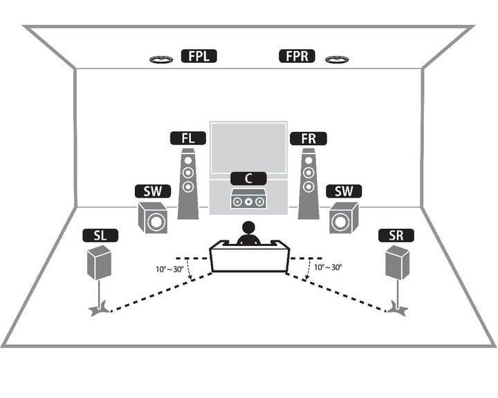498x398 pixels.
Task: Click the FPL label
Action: pyautogui.click(x=199, y=56)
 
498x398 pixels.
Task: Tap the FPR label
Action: pyautogui.click(x=297, y=56)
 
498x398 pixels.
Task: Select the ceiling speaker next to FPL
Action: pyautogui.click(x=161, y=59)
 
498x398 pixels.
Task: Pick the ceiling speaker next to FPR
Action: pyautogui.click(x=337, y=59)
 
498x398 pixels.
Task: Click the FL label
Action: pyautogui.click(x=188, y=138)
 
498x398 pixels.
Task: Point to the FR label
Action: pyautogui.click(x=308, y=138)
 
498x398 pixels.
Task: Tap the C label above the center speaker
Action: pyautogui.click(x=248, y=178)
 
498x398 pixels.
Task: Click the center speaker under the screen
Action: pyautogui.click(x=248, y=199)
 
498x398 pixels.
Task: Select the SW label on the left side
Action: pyautogui.click(x=153, y=191)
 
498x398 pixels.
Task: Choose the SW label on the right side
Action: pyautogui.click(x=344, y=191)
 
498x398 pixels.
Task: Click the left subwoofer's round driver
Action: pyautogui.click(x=156, y=222)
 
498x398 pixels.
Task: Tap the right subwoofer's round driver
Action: pyautogui.click(x=340, y=222)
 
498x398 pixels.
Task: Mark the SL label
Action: pyautogui.click(x=100, y=236)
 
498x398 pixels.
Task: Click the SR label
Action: pyautogui.click(x=396, y=236)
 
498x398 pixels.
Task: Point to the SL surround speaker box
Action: pyautogui.click(x=100, y=263)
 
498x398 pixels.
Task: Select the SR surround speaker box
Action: pyautogui.click(x=397, y=263)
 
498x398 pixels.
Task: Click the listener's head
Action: pyautogui.click(x=248, y=228)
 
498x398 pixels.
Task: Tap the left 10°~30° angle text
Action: pyautogui.click(x=169, y=269)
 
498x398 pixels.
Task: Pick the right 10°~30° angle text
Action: pyautogui.click(x=328, y=267)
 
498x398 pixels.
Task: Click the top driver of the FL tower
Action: pyautogui.click(x=188, y=160)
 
